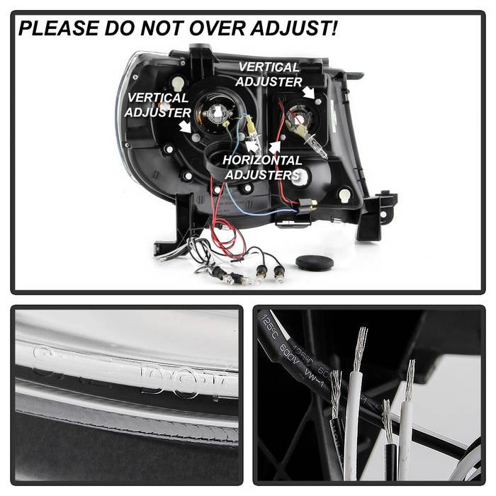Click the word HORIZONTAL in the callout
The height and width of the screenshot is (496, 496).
point(262,160)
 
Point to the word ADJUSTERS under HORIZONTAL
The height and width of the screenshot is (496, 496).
point(262,174)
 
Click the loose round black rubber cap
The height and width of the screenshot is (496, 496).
point(315,263)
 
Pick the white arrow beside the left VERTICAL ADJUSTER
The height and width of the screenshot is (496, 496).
point(185,126)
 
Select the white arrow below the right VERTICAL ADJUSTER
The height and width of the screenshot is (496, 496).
point(308,94)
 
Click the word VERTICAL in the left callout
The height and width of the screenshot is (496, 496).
point(157,98)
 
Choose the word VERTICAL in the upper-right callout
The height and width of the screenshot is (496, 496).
point(269,67)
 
